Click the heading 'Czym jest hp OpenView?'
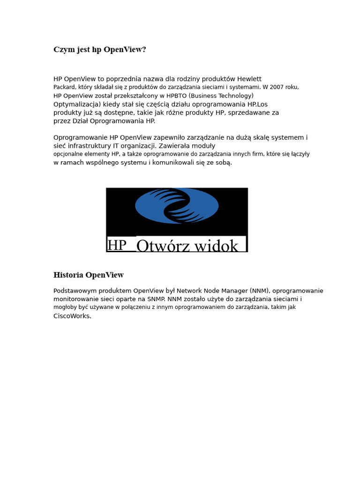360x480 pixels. pos(99,50)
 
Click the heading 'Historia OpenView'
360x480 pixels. pos(89,275)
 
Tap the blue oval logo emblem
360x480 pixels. pos(177,206)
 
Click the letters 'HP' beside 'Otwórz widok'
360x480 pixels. pos(117,245)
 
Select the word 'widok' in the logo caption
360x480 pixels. pos(217,246)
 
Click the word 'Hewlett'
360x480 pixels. pos(249,79)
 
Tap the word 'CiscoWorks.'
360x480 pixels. pos(72,316)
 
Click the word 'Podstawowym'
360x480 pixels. pos(75,291)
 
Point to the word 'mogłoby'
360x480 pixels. pos(65,307)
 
